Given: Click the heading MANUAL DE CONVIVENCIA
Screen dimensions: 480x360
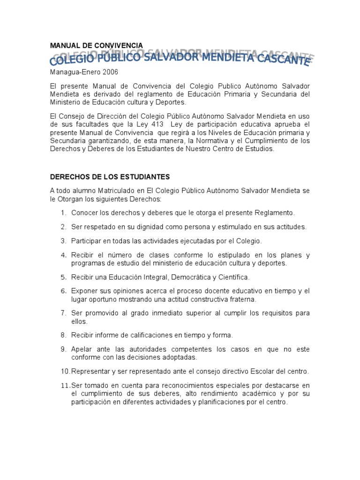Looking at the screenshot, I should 96,45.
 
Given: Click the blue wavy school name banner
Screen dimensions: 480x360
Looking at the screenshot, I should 180,59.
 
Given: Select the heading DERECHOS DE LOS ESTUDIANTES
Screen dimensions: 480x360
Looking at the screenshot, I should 110,177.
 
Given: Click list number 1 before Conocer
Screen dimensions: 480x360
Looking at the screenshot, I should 63,213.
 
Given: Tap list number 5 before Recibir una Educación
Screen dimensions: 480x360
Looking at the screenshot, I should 63,277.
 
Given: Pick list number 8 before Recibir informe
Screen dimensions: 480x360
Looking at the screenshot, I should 63,335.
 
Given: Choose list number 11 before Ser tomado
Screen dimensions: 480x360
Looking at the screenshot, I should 65,385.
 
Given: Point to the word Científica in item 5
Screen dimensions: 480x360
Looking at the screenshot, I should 231,277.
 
